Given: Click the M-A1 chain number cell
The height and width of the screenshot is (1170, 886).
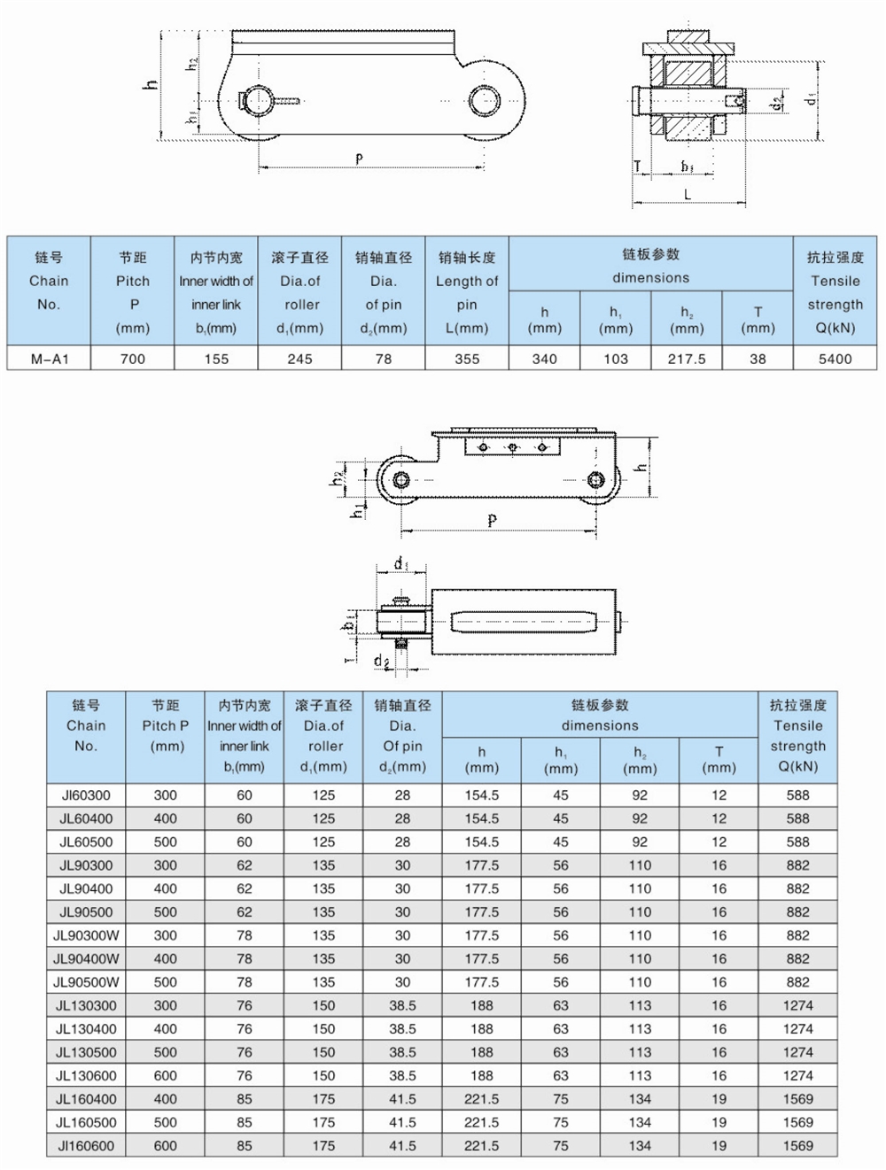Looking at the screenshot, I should [49, 359].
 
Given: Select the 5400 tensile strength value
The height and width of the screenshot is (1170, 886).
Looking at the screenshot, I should [835, 359].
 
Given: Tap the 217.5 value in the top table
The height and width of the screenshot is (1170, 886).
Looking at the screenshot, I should [687, 359].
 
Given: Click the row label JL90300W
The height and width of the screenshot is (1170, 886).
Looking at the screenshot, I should [86, 935].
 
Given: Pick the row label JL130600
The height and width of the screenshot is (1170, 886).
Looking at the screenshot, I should [86, 1075].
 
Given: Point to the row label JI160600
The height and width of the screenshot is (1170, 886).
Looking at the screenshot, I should [86, 1145].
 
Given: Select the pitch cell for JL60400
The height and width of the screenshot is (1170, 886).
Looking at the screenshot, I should [166, 818].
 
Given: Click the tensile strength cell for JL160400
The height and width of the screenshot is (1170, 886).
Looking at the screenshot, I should [797, 1099].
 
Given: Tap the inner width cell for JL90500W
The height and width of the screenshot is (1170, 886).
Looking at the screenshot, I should [245, 982].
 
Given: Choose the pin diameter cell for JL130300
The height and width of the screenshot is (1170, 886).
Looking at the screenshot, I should [402, 1005].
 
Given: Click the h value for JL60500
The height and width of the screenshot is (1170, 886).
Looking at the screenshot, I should [481, 842].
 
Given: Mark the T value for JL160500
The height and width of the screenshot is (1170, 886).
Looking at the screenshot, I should [719, 1122].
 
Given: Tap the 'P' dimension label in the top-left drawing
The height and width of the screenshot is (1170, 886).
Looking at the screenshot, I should [359, 159].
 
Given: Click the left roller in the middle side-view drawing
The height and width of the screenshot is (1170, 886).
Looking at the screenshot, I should [400, 480].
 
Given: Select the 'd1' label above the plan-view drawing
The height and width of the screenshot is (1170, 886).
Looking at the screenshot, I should [400, 563].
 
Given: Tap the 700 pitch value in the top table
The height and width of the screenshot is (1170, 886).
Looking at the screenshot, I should [133, 359].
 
